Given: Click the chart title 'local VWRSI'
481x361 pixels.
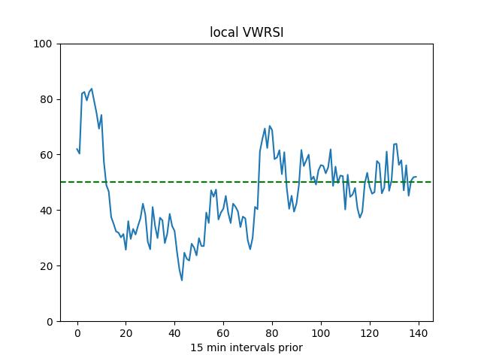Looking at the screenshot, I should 246,32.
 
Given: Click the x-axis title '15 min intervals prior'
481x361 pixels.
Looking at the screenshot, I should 246,347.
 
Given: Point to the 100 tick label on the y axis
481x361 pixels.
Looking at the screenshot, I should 44,44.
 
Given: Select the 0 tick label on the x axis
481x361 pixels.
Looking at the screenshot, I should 77,333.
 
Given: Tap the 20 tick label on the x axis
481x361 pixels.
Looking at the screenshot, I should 126,333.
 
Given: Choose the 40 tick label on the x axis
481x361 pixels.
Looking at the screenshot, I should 174,333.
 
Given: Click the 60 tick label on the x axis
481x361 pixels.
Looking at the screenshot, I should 223,333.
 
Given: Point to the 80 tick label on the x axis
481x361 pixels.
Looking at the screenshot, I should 272,333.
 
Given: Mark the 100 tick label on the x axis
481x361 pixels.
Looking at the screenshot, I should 321,333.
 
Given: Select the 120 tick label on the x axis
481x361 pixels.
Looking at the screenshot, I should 370,333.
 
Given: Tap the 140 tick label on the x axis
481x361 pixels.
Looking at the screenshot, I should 419,333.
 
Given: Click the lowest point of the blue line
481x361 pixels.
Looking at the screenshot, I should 182,281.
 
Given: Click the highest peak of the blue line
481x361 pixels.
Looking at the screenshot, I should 92,89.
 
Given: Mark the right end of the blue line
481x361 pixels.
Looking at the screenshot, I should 416,177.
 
